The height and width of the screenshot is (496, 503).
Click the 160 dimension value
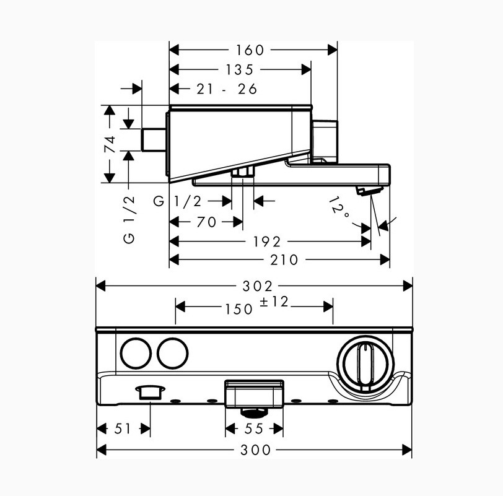tap(250, 50)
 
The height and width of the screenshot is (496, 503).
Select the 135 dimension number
tap(239, 69)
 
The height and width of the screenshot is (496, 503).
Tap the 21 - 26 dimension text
tap(227, 89)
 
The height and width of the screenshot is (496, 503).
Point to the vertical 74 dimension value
tap(110, 144)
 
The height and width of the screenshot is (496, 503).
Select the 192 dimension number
tap(267, 241)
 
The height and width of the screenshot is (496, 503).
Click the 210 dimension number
tap(284, 260)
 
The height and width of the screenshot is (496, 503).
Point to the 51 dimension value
tap(123, 429)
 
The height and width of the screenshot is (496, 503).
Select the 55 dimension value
tap(254, 429)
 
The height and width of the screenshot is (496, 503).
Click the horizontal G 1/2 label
tap(178, 201)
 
